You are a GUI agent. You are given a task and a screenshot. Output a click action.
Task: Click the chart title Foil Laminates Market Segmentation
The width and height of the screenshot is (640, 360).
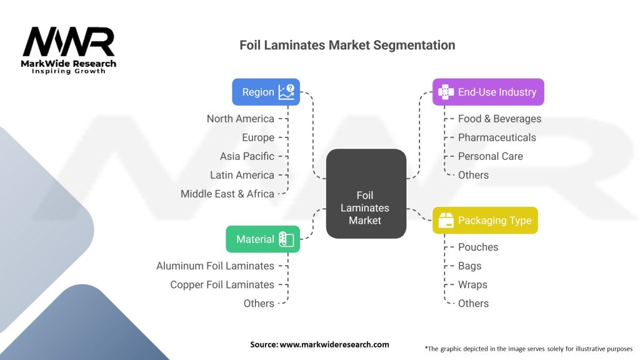pyautogui.click(x=347, y=46)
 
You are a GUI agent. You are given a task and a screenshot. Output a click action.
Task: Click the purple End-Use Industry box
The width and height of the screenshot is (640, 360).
pyautogui.click(x=488, y=92)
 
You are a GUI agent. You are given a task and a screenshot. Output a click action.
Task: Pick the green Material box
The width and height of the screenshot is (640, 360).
pyautogui.click(x=262, y=239)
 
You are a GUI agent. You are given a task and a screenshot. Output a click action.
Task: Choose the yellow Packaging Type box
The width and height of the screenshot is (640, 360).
pyautogui.click(x=485, y=221)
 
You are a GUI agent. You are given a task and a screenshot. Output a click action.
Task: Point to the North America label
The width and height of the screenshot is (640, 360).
pyautogui.click(x=241, y=119)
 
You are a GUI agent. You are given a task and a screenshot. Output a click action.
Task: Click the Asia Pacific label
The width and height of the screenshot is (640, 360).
pyautogui.click(x=247, y=156)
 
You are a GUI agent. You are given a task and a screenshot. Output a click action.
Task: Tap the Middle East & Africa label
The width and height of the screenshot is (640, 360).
pyautogui.click(x=227, y=194)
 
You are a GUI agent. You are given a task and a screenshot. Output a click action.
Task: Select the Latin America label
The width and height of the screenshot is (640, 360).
pyautogui.click(x=242, y=175)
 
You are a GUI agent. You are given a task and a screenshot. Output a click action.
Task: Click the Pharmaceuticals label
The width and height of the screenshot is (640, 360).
pyautogui.click(x=497, y=137)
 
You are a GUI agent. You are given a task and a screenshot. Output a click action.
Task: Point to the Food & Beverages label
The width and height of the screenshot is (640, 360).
pyautogui.click(x=499, y=119)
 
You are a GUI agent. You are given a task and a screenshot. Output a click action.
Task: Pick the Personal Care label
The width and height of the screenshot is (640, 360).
pyautogui.click(x=490, y=156)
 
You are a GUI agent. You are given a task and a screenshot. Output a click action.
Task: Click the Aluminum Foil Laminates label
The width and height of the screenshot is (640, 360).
pyautogui.click(x=215, y=266)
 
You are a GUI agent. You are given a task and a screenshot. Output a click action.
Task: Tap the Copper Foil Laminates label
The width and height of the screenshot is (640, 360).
pyautogui.click(x=222, y=284)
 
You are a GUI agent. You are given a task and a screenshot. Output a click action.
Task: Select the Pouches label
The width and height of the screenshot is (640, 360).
pyautogui.click(x=478, y=247)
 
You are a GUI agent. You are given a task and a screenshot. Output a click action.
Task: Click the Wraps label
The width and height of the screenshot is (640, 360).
pyautogui.click(x=472, y=284)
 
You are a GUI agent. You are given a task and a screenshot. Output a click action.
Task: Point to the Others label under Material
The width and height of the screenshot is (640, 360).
pyautogui.click(x=259, y=303)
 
